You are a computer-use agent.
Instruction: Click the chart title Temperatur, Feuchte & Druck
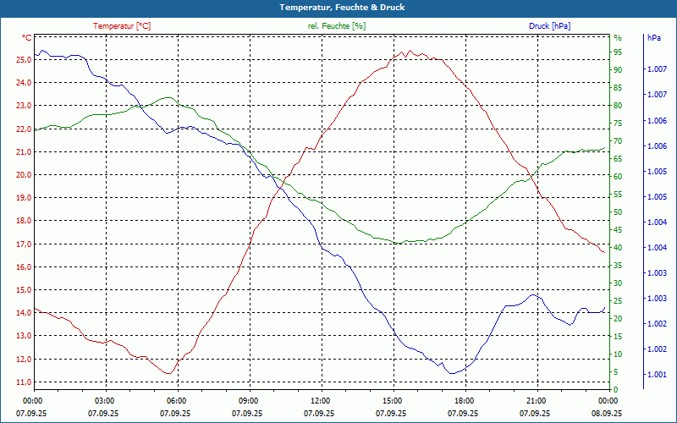pyautogui.click(x=338, y=7)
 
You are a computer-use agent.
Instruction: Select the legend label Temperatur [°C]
pyautogui.click(x=122, y=25)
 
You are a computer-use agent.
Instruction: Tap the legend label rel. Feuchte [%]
pyautogui.click(x=337, y=25)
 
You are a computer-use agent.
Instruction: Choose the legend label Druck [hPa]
pyautogui.click(x=549, y=25)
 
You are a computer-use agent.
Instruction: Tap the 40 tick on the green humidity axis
pyautogui.click(x=618, y=248)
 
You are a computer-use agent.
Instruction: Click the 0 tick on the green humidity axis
pyautogui.click(x=615, y=390)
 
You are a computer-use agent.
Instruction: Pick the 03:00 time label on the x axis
pyautogui.click(x=104, y=401)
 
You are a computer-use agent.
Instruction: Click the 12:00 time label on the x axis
pyautogui.click(x=320, y=401)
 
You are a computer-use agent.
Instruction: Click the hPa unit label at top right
pyautogui.click(x=654, y=38)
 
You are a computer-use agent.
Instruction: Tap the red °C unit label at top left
pyautogui.click(x=27, y=38)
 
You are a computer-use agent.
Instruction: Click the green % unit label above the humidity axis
pyautogui.click(x=618, y=38)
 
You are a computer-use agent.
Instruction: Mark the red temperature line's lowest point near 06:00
pyautogui.click(x=169, y=373)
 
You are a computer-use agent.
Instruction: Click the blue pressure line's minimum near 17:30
pyautogui.click(x=452, y=373)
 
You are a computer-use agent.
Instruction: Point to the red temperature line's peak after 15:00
pyautogui.click(x=410, y=51)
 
